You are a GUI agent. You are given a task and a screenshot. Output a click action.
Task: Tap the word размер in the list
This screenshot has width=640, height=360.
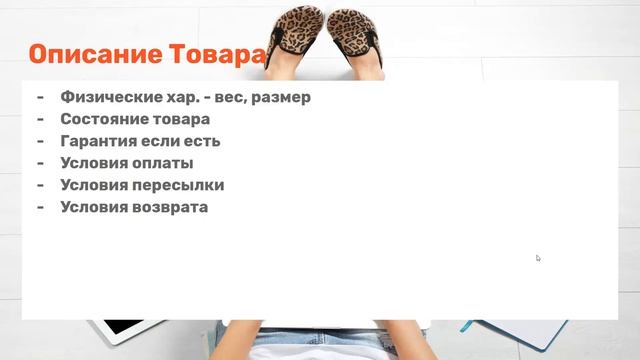point(282,97)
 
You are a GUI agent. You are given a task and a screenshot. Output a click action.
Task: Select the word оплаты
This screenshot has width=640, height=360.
point(166,163)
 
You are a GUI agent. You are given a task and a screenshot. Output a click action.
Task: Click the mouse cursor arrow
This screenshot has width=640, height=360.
point(538,258)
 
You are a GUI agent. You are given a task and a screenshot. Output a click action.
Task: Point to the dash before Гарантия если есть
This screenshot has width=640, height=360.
point(40,141)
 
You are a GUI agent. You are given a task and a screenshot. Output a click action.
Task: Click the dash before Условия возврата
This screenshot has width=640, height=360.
point(40,207)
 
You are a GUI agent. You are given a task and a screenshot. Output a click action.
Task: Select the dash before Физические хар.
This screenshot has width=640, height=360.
point(40,97)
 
